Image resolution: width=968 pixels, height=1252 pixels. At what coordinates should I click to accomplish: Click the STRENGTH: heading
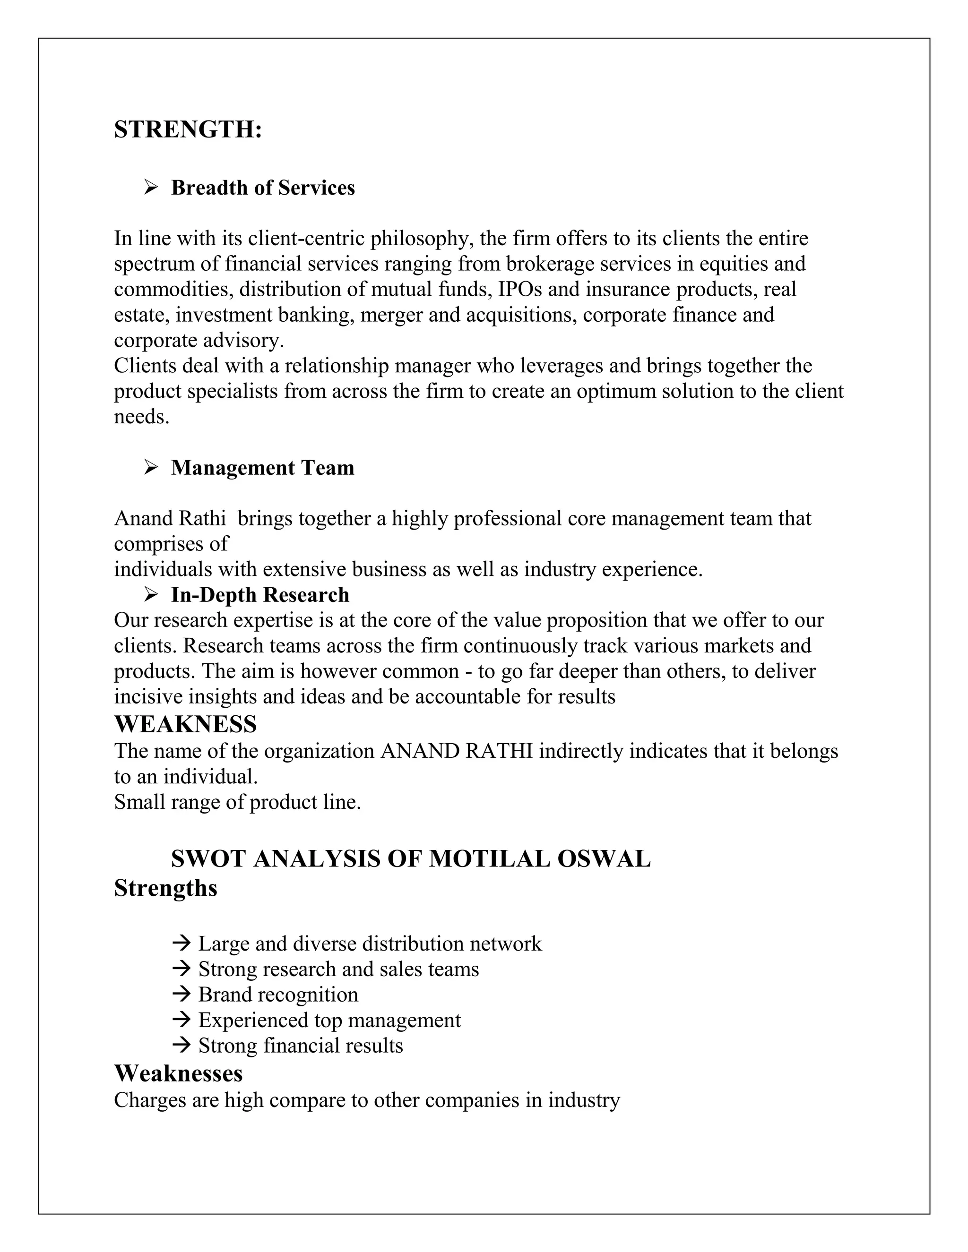(188, 129)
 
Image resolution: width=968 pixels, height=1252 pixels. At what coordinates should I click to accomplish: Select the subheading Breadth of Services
(263, 188)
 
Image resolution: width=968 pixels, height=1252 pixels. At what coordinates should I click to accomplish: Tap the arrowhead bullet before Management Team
(151, 467)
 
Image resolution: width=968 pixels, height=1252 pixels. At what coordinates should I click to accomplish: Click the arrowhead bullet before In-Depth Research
(151, 594)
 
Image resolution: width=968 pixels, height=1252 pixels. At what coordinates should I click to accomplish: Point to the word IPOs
(519, 289)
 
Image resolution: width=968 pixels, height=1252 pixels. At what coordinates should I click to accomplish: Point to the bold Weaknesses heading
(178, 1073)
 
